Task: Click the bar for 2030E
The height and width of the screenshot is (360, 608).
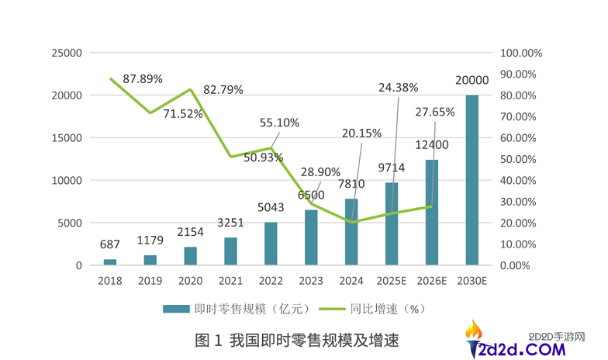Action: [472, 180]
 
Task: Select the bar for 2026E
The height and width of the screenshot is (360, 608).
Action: [431, 213]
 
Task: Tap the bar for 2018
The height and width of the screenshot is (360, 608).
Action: [110, 262]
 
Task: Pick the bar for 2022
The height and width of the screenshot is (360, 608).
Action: [271, 244]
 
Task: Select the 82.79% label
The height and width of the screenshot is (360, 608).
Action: [223, 90]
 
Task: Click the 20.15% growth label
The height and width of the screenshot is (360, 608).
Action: [361, 133]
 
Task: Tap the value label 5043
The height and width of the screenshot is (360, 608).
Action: [271, 208]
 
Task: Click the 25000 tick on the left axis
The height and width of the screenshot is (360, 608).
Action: [67, 53]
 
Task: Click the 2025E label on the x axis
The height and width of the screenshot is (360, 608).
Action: [391, 281]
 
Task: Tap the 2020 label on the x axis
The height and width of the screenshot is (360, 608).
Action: [190, 281]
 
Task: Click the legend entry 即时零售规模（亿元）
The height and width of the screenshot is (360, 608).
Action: [237, 309]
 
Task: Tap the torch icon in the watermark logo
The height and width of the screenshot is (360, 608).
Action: [474, 335]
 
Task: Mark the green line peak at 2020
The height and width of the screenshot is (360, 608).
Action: [190, 89]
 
